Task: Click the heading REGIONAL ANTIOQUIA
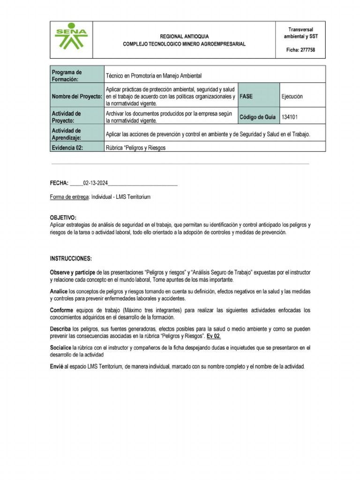(184, 36)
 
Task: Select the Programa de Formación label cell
(76, 75)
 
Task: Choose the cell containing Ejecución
(301, 96)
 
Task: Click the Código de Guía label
(258, 117)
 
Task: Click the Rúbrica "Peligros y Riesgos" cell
(136, 148)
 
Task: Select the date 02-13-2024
(96, 183)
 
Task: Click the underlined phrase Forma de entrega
(69, 197)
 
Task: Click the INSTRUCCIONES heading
(71, 259)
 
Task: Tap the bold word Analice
(59, 291)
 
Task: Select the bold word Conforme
(61, 310)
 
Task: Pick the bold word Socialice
(60, 348)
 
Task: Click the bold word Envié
(57, 366)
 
